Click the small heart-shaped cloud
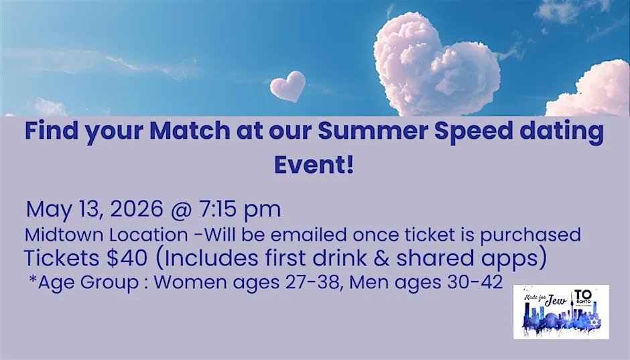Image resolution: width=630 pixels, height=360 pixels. [288, 85]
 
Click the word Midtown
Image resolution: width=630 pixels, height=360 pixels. [61, 235]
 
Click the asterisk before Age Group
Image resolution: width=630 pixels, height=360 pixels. [32, 280]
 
